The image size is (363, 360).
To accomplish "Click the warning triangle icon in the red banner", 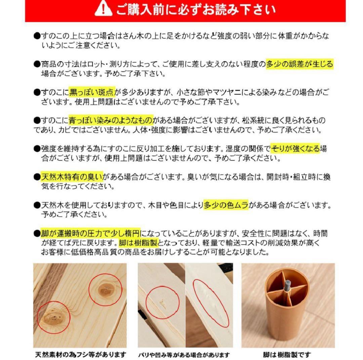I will click(104, 9).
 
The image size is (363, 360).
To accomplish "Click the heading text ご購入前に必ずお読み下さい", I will click(196, 10).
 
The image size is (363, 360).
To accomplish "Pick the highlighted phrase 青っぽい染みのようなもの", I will click(111, 120).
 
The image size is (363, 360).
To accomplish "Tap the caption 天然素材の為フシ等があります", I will click(80, 354).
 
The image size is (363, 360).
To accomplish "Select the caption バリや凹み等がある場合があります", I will click(184, 355).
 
